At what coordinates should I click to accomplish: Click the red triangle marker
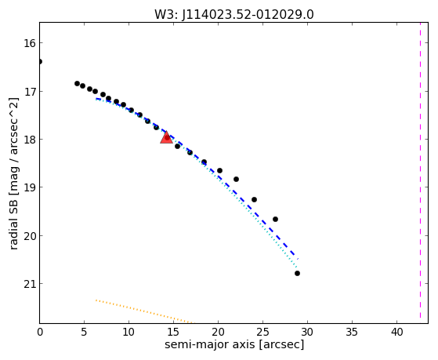click(166, 137)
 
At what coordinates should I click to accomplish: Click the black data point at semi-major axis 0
click(40, 61)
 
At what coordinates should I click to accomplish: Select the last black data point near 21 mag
click(297, 273)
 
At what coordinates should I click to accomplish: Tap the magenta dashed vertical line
click(420, 173)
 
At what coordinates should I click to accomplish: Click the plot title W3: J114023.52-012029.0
click(234, 14)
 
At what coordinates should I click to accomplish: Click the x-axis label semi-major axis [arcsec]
click(234, 344)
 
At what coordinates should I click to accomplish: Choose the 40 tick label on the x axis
click(396, 333)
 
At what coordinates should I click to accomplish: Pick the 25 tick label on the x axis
click(262, 333)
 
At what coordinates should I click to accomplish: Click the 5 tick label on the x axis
click(84, 333)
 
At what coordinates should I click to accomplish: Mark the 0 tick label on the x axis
click(40, 333)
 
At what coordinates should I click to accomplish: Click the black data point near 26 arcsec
click(276, 219)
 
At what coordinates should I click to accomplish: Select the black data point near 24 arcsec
click(254, 199)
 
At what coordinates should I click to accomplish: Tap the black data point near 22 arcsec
click(237, 179)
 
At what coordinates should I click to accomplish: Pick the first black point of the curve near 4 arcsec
click(77, 83)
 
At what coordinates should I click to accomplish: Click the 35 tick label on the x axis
click(352, 333)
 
